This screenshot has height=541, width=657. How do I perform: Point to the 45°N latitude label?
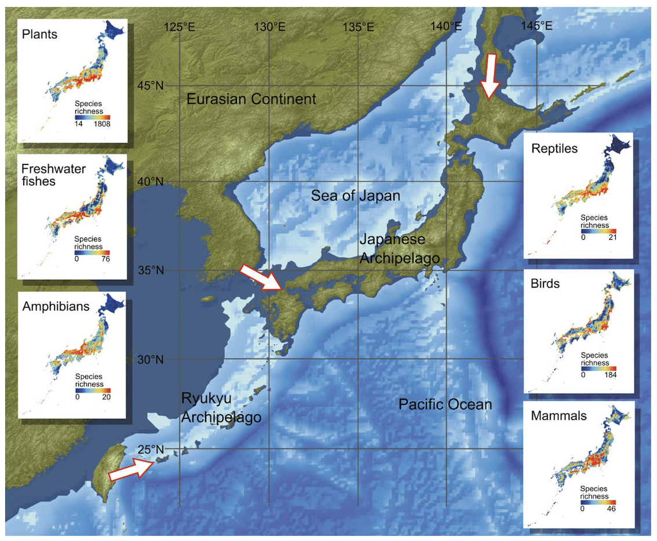point(150,86)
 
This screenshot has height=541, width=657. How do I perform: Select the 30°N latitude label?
point(150,359)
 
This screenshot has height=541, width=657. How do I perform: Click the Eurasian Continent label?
point(251,99)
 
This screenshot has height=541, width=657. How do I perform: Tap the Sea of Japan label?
point(355,195)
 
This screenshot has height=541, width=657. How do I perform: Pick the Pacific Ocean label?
point(445,404)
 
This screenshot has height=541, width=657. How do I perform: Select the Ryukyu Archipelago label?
point(221,408)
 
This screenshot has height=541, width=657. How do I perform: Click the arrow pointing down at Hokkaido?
point(491,76)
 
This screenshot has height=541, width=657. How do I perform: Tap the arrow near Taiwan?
point(132,469)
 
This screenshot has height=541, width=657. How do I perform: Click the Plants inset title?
point(39,34)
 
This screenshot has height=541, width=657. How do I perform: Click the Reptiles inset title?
point(554,148)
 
